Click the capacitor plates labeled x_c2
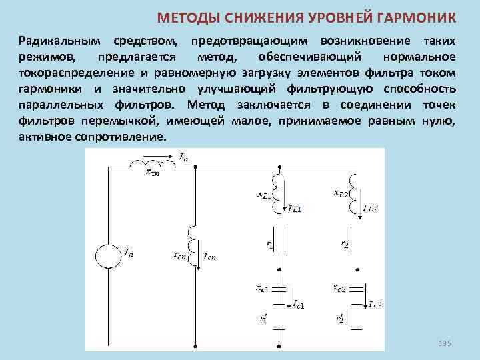[x=357, y=291]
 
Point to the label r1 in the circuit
[x=270, y=245]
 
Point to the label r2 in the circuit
[x=345, y=245]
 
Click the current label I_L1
[x=294, y=209]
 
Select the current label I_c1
[x=297, y=305]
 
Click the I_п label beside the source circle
[x=129, y=251]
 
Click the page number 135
[x=445, y=343]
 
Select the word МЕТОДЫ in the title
[x=185, y=17]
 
